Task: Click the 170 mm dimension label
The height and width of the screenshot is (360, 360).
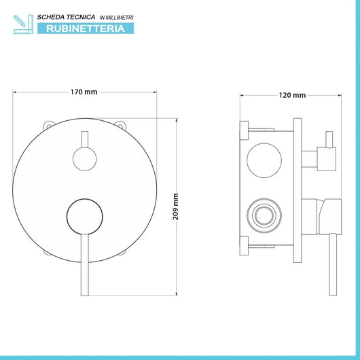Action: tap(84, 92)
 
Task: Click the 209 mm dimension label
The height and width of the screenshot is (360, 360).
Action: tap(176, 206)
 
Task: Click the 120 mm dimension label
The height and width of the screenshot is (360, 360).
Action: tap(292, 95)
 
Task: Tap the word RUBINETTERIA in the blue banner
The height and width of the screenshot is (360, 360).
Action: tap(86, 29)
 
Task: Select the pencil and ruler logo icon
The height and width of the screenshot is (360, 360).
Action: tap(23, 24)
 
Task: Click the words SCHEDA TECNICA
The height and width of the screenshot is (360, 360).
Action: tap(66, 17)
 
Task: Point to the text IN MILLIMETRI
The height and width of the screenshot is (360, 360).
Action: tap(116, 18)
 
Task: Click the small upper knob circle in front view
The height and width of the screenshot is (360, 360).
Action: tap(85, 159)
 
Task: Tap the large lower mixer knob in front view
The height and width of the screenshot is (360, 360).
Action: tap(85, 217)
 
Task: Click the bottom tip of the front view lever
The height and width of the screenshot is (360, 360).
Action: tap(85, 295)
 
